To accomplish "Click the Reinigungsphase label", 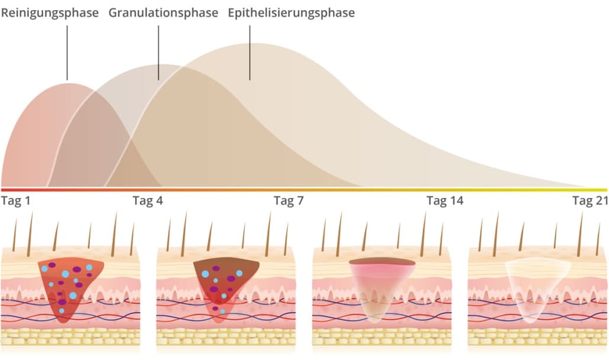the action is point(50,13).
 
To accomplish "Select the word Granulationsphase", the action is point(163,13).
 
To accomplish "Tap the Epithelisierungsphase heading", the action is point(291,13).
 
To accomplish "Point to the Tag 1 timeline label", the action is point(15,200).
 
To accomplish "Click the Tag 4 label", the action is point(148,200).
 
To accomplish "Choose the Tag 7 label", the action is point(289,200).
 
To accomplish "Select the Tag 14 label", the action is point(445,200).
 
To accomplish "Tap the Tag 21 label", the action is point(590,200).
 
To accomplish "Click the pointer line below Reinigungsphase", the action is point(67,53).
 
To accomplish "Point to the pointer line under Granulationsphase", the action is point(158,53).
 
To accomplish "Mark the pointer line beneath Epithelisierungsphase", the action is point(250,53).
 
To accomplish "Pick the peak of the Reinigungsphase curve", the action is point(69,83).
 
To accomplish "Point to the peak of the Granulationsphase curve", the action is point(165,65).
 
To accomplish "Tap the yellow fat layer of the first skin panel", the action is point(70,337).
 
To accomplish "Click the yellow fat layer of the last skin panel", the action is point(538,337).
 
